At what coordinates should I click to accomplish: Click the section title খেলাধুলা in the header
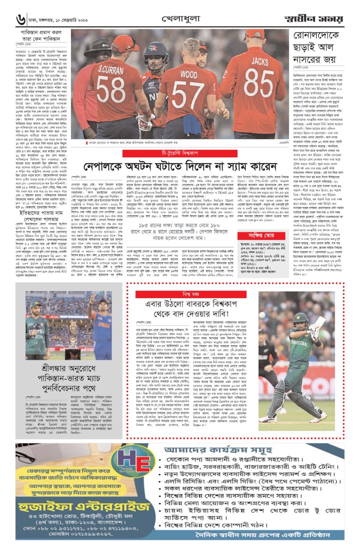180,19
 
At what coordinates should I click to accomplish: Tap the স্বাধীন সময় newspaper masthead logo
314,19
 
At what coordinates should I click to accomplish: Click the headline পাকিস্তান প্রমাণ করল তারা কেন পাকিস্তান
41,36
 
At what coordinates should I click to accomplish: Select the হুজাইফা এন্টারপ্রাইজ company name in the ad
84,508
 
